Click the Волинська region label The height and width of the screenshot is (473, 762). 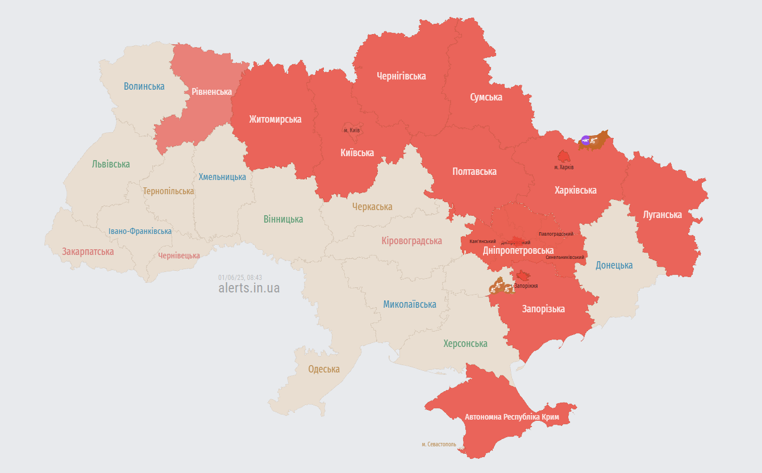(144, 86)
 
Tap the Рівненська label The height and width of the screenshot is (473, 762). (211, 91)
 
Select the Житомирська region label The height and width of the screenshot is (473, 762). (275, 119)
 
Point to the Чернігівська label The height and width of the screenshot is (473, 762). (401, 76)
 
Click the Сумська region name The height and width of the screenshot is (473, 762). (486, 97)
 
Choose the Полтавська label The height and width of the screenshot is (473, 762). (474, 171)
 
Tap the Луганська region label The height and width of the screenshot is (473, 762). (662, 215)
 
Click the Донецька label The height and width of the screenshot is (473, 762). (614, 265)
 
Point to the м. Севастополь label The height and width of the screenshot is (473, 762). (439, 444)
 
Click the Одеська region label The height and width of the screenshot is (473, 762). (324, 369)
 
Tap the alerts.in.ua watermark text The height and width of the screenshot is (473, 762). (249, 288)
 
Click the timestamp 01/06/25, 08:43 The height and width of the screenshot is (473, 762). (240, 277)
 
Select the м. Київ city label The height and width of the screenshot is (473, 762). (352, 130)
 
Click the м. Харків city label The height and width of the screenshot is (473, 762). (564, 167)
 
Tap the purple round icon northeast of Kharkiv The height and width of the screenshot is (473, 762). (586, 140)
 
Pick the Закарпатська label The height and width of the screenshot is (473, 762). (88, 252)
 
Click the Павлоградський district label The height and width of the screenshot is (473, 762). (556, 233)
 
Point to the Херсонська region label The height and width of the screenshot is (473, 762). (465, 344)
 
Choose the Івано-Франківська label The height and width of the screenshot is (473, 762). (140, 231)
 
